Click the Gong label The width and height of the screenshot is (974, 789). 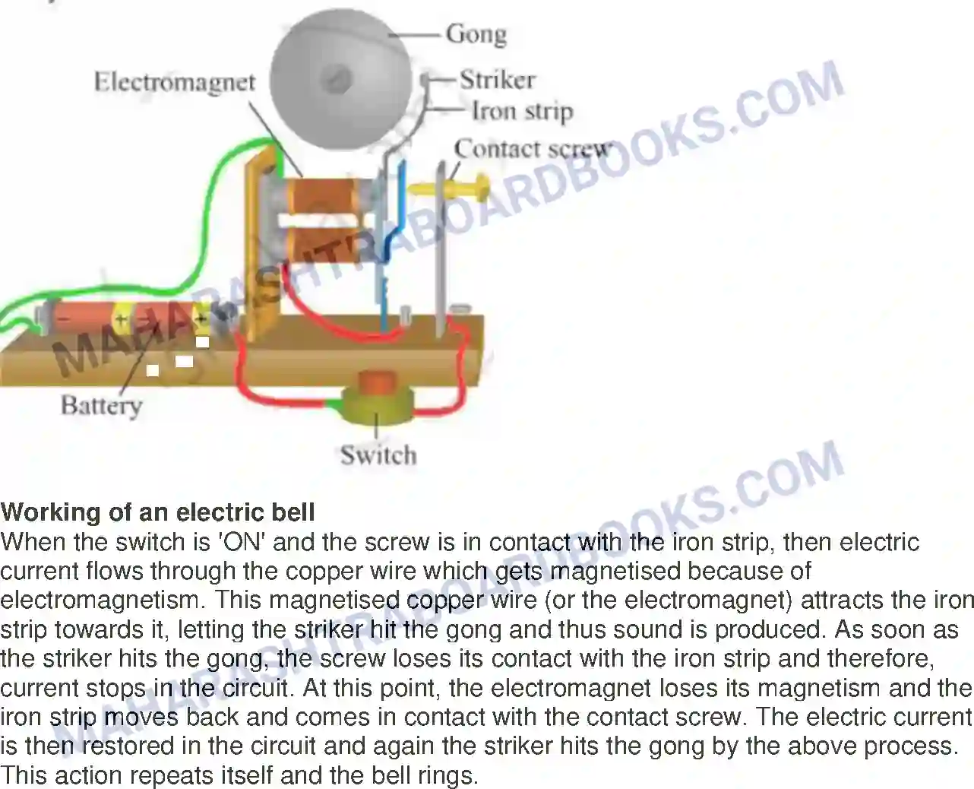(x=476, y=34)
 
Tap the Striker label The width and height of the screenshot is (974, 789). (x=497, y=79)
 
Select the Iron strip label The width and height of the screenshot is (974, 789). (x=522, y=111)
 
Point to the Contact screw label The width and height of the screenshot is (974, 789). (x=532, y=148)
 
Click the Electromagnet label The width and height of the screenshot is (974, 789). (x=174, y=82)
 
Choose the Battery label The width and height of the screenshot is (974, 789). (x=101, y=404)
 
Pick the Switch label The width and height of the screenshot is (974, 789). (x=378, y=455)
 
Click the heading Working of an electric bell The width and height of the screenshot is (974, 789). (x=158, y=512)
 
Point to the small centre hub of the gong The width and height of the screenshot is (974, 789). (x=339, y=78)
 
